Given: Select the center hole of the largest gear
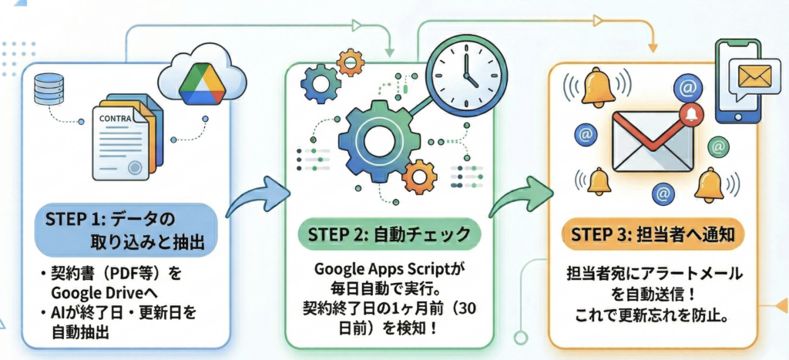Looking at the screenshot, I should click(x=378, y=142).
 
